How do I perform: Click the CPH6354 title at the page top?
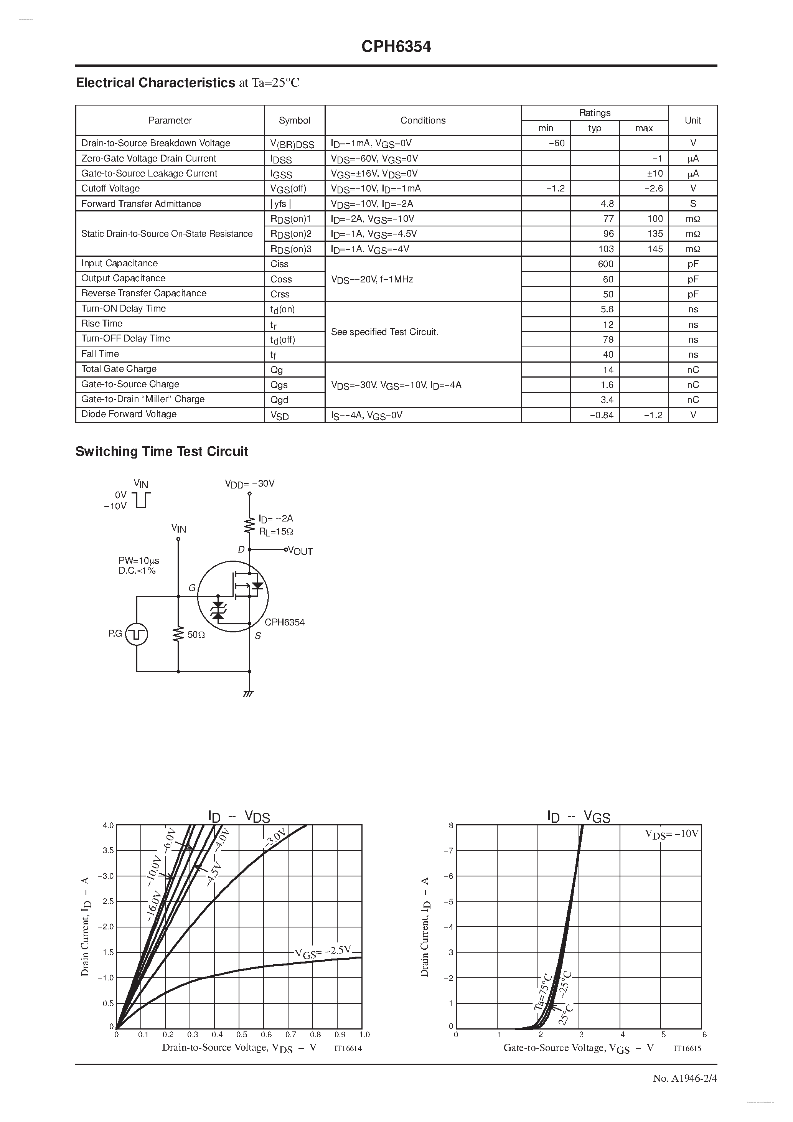tap(396, 47)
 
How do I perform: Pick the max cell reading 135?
tap(655, 234)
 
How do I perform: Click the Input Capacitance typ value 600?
tap(605, 264)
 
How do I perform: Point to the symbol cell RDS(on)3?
tap(291, 249)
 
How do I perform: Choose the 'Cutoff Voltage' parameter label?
tap(110, 189)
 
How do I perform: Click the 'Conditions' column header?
tap(423, 120)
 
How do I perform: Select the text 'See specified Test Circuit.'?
tap(384, 332)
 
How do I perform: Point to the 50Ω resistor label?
tap(196, 635)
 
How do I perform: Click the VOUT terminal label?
tap(300, 551)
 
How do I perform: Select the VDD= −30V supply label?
tap(250, 483)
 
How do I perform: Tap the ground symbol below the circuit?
tap(249, 693)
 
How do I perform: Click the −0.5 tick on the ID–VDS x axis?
tap(239, 1034)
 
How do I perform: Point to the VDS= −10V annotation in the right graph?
tap(671, 834)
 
